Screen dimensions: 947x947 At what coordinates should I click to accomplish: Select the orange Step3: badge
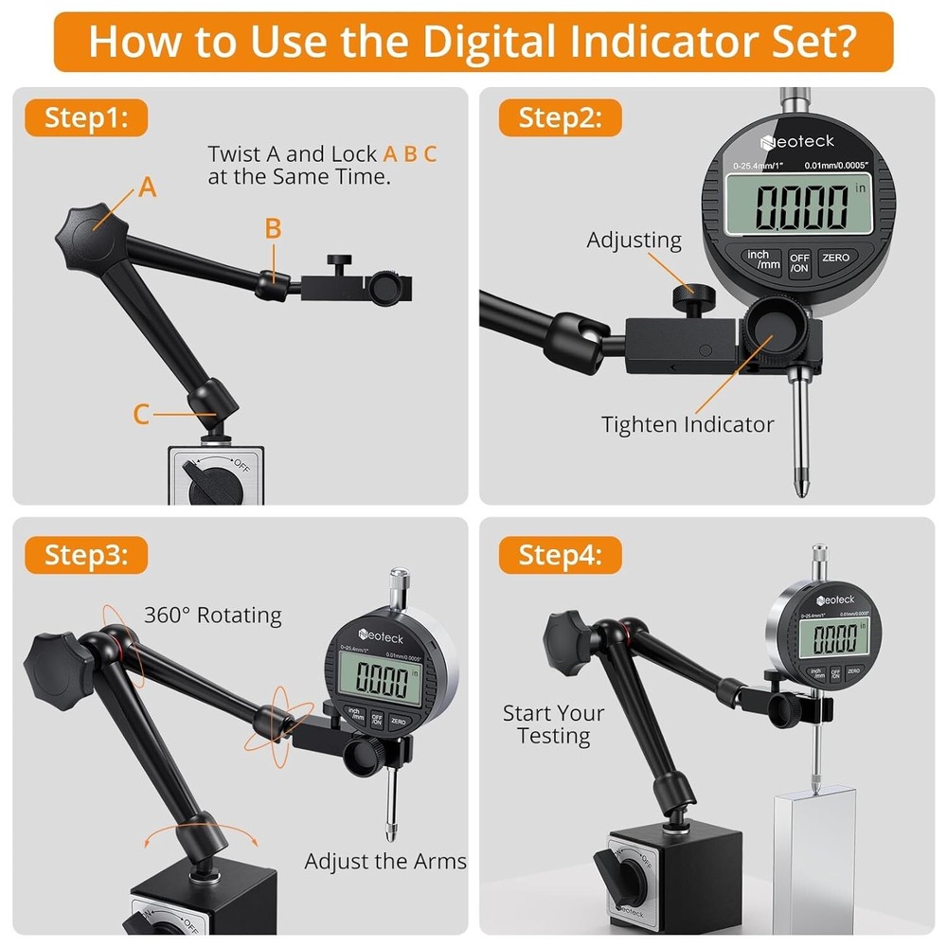[x=86, y=554]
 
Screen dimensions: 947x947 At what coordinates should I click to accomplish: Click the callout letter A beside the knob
[x=147, y=188]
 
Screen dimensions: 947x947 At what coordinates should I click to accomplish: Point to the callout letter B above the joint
[x=273, y=228]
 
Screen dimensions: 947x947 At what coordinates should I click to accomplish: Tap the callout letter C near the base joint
[x=141, y=414]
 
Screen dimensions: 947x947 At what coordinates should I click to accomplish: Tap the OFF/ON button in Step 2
[x=800, y=261]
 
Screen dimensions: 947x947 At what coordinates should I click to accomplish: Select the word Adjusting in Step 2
[x=634, y=240]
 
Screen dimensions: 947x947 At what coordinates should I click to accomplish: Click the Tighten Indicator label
[x=688, y=424]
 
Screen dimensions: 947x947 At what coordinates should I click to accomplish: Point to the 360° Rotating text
[x=213, y=615]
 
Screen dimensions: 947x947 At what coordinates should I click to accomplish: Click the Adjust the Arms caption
[x=385, y=861]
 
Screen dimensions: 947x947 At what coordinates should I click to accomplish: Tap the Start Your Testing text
[x=553, y=724]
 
